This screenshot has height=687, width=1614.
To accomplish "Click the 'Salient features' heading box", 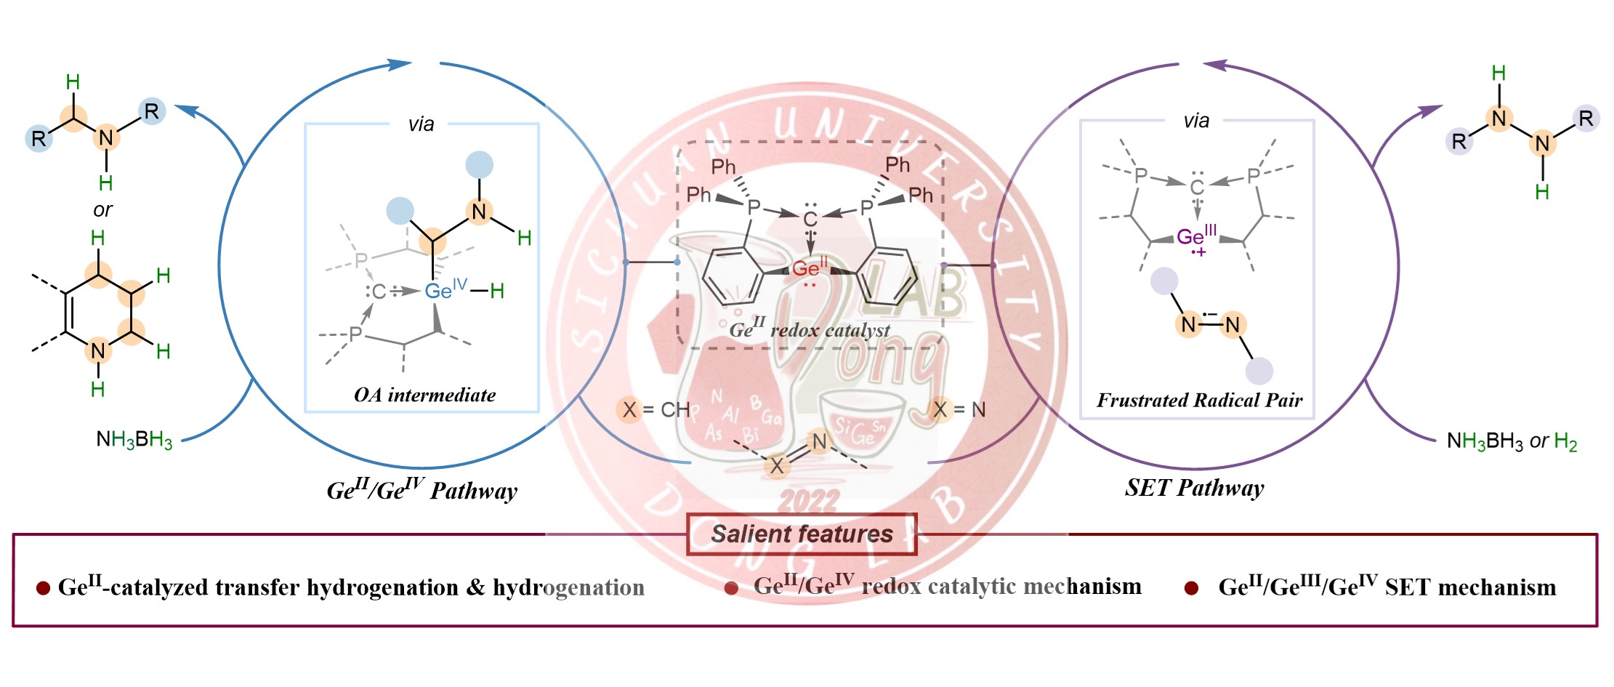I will [x=802, y=534].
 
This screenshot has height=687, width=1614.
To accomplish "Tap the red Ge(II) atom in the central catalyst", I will [x=806, y=269].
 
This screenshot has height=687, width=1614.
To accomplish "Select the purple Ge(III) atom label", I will [x=1191, y=238].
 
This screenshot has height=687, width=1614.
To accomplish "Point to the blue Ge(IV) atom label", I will [x=439, y=292].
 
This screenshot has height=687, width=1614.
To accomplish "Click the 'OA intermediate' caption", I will [x=424, y=395].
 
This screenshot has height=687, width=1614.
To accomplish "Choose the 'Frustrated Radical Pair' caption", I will [x=1199, y=400].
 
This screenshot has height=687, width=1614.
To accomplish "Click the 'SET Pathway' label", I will [x=1194, y=488].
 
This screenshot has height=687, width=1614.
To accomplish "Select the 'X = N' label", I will [x=959, y=410].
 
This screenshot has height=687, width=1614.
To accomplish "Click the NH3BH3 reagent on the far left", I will [x=134, y=440].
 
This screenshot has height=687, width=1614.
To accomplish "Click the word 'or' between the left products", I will [x=102, y=210].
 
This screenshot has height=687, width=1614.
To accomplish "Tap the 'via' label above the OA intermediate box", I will [x=421, y=124].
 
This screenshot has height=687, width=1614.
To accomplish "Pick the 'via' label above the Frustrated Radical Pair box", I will [x=1196, y=121].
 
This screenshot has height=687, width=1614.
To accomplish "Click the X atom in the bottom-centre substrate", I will [x=776, y=466].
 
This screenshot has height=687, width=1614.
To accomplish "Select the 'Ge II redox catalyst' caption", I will [x=809, y=330].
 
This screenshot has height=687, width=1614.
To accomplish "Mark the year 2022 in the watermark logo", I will [x=808, y=501].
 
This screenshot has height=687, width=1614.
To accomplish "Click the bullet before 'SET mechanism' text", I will [x=1191, y=588].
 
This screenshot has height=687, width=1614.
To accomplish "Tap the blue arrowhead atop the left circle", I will [x=400, y=64].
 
